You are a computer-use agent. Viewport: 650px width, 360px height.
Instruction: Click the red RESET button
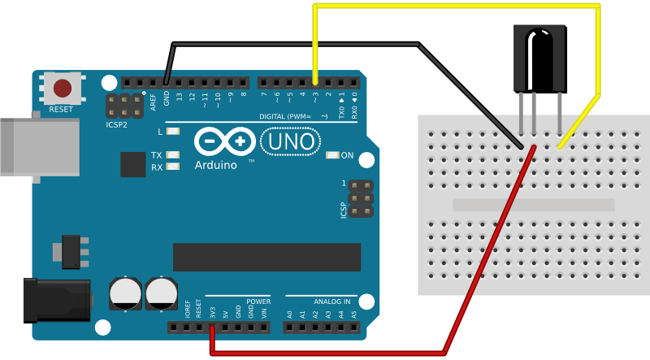(x=62, y=88)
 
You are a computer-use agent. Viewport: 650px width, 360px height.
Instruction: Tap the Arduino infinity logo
(x=223, y=142)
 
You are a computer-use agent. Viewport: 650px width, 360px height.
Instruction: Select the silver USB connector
(x=37, y=146)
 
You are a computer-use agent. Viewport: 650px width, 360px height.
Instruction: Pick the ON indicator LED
(x=331, y=155)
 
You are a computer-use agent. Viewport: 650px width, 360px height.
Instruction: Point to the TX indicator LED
(x=172, y=155)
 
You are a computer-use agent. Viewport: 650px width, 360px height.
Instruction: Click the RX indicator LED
(x=172, y=167)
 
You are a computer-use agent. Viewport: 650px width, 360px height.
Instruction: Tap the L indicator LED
(x=172, y=131)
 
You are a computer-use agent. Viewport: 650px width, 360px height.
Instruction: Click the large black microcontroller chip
(x=266, y=257)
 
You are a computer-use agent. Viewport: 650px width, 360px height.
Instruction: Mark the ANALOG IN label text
(x=331, y=301)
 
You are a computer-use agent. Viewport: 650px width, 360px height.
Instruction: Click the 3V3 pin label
(x=213, y=312)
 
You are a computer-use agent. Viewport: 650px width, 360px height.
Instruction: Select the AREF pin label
(x=154, y=102)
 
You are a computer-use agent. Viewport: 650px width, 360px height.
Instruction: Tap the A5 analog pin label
(x=353, y=313)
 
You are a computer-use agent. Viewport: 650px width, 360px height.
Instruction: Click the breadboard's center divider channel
(x=533, y=206)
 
